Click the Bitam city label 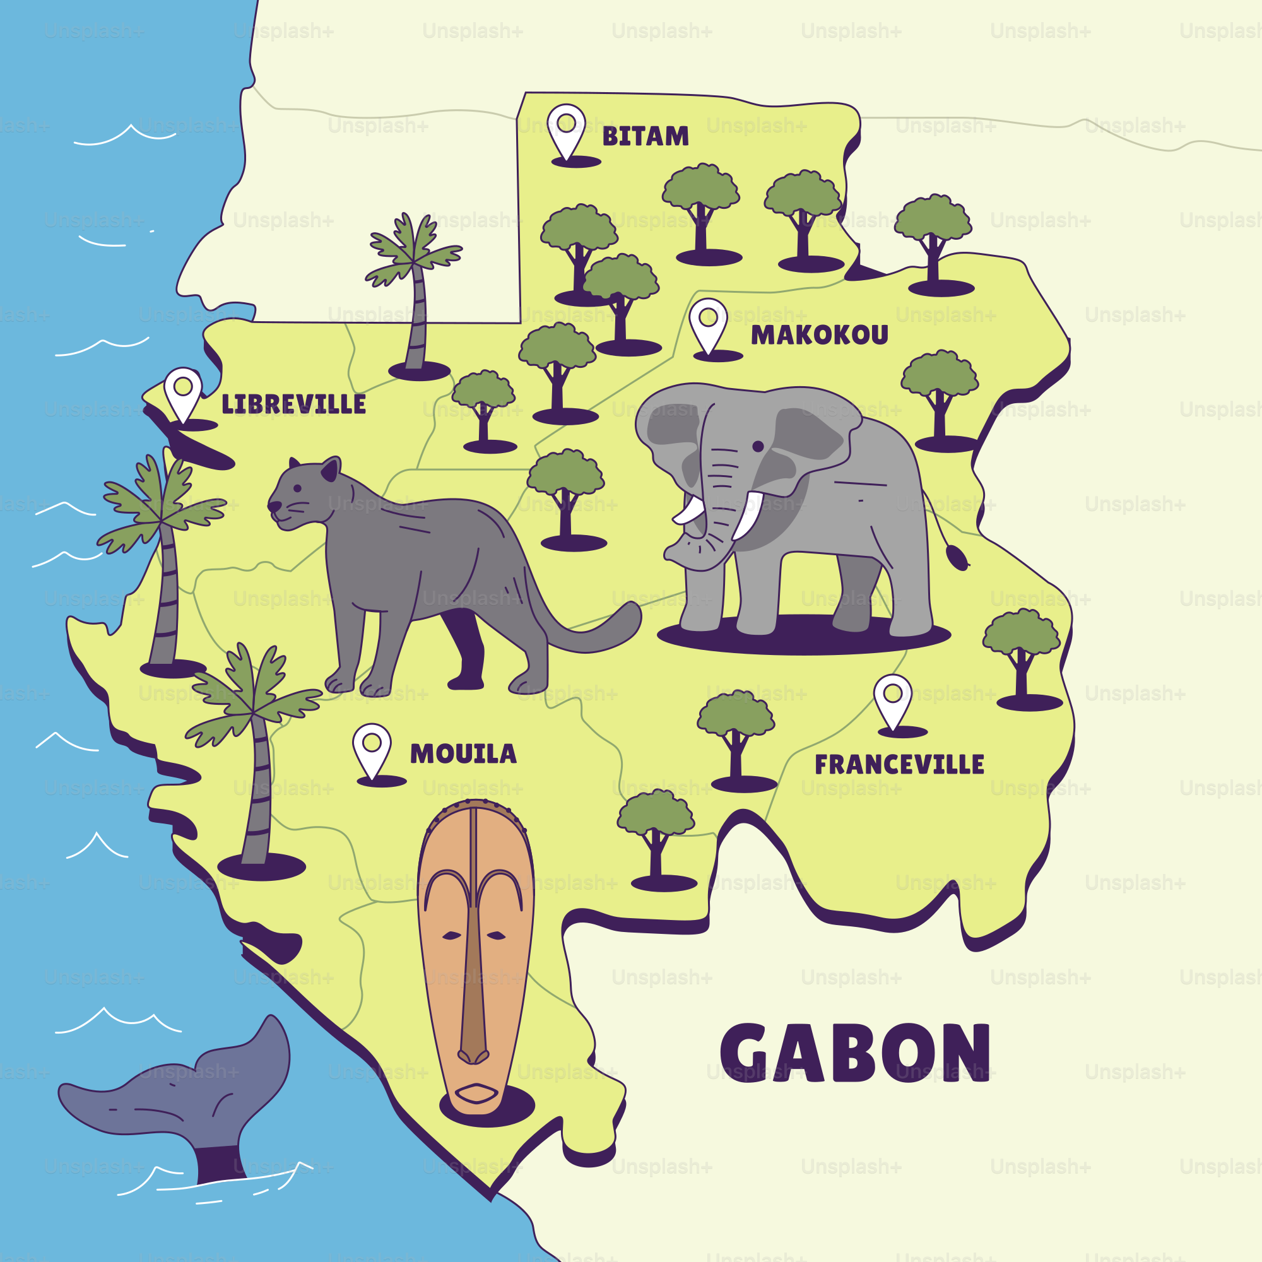646,136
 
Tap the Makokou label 819,335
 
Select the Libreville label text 293,404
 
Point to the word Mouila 463,755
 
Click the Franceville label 899,765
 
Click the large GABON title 856,1053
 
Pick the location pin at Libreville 183,392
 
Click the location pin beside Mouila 372,748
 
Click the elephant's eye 758,446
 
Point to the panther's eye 298,488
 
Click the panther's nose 273,505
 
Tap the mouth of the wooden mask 476,1093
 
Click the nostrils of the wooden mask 473,1056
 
